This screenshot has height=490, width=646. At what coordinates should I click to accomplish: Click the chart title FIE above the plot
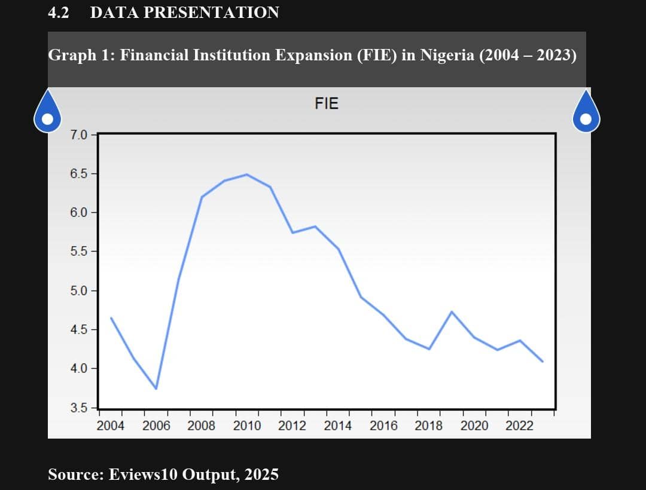[x=327, y=104]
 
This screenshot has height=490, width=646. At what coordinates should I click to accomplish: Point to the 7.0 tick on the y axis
[x=79, y=134]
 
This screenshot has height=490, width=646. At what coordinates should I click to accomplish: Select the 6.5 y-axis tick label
[x=79, y=174]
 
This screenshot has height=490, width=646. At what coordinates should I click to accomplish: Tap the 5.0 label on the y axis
[x=79, y=291]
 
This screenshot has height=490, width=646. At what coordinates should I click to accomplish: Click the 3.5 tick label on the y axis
[x=79, y=409]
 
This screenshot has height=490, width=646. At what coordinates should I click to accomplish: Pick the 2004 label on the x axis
[x=111, y=426]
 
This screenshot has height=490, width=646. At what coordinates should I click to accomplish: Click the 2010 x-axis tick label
[x=247, y=426]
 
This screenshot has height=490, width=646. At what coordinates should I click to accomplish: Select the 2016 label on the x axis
[x=383, y=426]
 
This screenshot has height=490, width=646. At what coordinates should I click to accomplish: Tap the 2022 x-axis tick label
[x=520, y=426]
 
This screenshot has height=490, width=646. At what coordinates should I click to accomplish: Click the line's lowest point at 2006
[x=156, y=389]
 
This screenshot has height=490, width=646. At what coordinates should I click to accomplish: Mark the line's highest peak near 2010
[x=247, y=174]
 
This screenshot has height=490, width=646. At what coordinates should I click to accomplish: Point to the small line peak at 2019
[x=452, y=312]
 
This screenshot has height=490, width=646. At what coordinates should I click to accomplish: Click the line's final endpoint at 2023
[x=543, y=362]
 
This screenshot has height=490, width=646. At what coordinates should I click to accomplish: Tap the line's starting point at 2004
[x=111, y=318]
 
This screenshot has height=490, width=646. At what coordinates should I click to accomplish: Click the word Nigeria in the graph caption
[x=447, y=56]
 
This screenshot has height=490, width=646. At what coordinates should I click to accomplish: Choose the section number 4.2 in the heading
[x=59, y=12]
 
